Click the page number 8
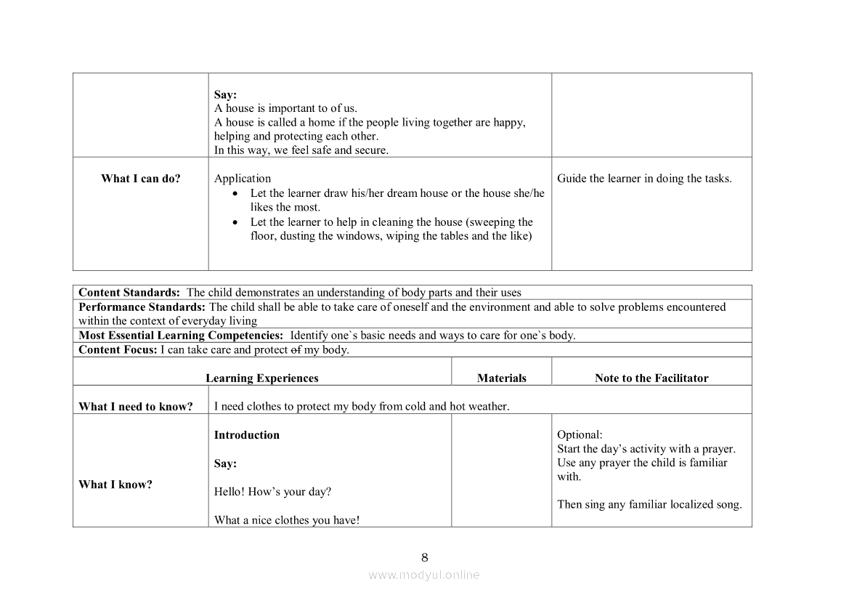(x=425, y=558)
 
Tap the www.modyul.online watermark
(x=424, y=575)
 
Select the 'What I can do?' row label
(x=141, y=179)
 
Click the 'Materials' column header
(x=501, y=378)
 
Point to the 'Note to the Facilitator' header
(x=651, y=378)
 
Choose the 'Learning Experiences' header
(x=261, y=378)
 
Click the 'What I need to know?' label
(x=136, y=407)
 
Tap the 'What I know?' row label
(x=115, y=485)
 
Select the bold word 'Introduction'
(x=247, y=435)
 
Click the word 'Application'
(x=243, y=179)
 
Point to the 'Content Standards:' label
(x=129, y=293)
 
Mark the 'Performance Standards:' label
(x=142, y=307)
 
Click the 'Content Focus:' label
(x=118, y=349)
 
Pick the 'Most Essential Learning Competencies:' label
(x=181, y=336)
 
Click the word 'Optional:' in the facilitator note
(x=580, y=435)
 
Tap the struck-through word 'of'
(x=296, y=349)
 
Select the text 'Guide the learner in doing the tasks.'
(x=644, y=179)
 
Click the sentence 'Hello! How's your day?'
(x=272, y=492)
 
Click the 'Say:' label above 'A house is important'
(x=225, y=94)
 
